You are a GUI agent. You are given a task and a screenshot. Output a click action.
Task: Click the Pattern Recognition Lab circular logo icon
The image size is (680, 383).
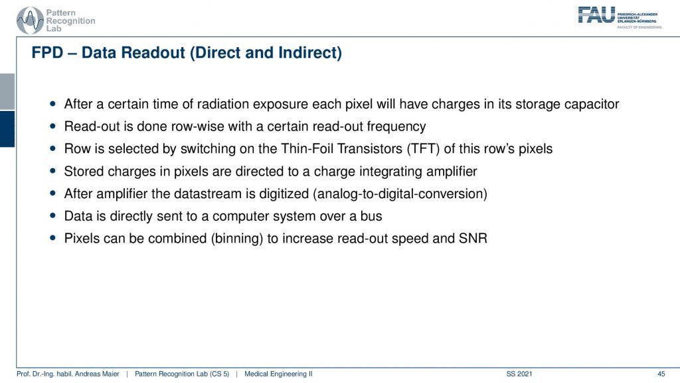30,21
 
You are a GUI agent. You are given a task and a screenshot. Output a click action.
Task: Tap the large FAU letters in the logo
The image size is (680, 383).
596,15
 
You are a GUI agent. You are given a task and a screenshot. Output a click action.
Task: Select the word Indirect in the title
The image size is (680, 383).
310,53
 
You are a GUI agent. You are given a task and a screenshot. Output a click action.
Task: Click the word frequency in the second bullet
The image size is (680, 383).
396,126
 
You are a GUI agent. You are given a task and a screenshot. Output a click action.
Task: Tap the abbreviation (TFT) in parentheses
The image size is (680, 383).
423,149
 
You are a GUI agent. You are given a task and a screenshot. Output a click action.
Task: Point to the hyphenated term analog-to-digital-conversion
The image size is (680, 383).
400,193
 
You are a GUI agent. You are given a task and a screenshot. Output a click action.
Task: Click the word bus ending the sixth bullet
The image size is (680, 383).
371,216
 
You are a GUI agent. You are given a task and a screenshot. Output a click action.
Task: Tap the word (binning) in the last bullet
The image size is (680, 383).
237,239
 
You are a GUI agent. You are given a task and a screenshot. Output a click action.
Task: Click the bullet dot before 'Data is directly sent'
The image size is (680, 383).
53,215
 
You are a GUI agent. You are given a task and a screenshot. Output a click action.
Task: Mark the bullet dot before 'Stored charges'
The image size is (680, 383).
53,171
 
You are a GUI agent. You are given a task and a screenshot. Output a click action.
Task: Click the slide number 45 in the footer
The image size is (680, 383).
661,374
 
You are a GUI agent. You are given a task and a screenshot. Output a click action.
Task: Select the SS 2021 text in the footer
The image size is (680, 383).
519,374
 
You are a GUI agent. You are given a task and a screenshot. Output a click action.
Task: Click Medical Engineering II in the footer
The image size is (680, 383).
278,374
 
